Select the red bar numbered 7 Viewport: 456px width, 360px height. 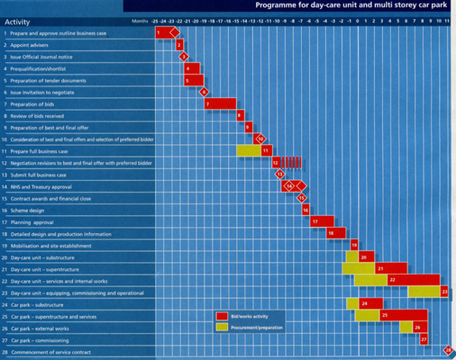point(220,104)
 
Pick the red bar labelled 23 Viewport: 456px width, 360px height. point(444,292)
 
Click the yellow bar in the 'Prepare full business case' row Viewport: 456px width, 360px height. point(248,150)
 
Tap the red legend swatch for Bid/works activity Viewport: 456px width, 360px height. point(221,316)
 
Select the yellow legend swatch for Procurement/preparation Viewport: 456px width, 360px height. point(221,327)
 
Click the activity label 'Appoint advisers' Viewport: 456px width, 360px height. point(30,45)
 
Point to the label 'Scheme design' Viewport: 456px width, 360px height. point(28,210)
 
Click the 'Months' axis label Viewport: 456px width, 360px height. point(139,21)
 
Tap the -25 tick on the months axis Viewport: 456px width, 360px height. point(155,21)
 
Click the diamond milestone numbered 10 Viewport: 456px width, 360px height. point(260,139)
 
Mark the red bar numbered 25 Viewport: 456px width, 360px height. point(402,315)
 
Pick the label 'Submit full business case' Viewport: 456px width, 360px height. point(39,175)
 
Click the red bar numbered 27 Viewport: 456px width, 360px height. point(423,339)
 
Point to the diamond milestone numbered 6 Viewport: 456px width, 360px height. point(204,92)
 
